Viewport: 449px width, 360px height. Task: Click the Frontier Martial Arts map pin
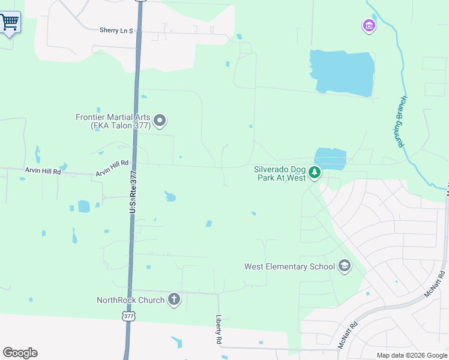tap(160, 121)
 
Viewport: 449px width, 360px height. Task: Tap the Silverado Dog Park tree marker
tap(315, 173)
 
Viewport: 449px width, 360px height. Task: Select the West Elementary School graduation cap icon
tap(344, 266)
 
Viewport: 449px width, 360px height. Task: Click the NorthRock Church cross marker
tap(174, 299)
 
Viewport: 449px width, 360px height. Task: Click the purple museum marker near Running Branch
tap(369, 26)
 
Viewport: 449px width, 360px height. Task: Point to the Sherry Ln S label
tap(116, 30)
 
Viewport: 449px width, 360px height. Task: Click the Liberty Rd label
tap(218, 331)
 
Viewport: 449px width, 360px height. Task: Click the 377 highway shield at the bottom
tap(128, 316)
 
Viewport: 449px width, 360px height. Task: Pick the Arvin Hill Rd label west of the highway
tap(43, 171)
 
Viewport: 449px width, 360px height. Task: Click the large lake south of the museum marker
tap(341, 73)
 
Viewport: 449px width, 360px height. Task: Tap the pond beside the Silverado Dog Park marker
tap(331, 158)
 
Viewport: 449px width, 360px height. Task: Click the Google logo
tap(20, 352)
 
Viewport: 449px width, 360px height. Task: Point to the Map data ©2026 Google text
tap(411, 355)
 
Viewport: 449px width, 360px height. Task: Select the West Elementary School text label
tap(288, 266)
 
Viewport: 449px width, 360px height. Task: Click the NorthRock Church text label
tap(130, 300)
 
